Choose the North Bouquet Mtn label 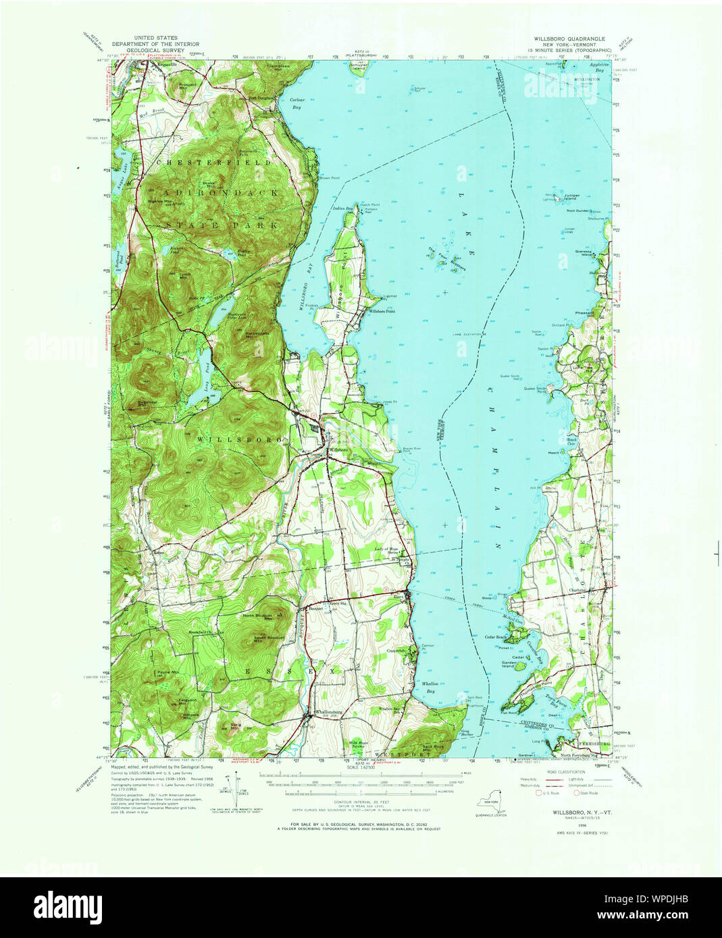[x=259, y=615]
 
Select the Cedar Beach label [x=496, y=637]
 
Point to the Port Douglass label [x=262, y=98]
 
